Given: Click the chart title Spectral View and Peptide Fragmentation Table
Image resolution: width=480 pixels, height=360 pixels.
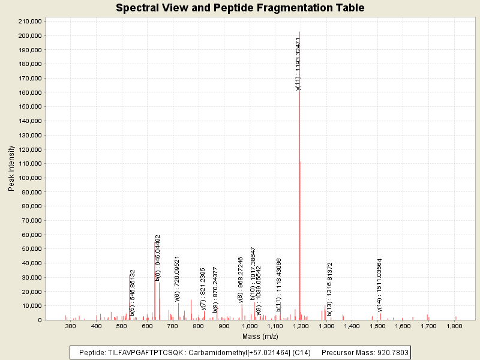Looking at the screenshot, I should point(240,8).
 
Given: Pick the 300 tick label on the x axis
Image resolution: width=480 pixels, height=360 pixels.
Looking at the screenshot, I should point(71,326).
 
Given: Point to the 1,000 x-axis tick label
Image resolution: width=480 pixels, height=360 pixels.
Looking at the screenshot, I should point(250,326).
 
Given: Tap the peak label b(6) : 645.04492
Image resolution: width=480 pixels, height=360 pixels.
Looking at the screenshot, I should point(158,257).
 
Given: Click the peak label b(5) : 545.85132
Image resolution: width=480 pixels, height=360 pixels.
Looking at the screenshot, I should point(133,290).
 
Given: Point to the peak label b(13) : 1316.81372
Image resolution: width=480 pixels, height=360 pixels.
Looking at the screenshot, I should point(329,281).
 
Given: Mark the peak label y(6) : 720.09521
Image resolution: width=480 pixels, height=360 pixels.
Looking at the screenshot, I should point(178,278).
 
